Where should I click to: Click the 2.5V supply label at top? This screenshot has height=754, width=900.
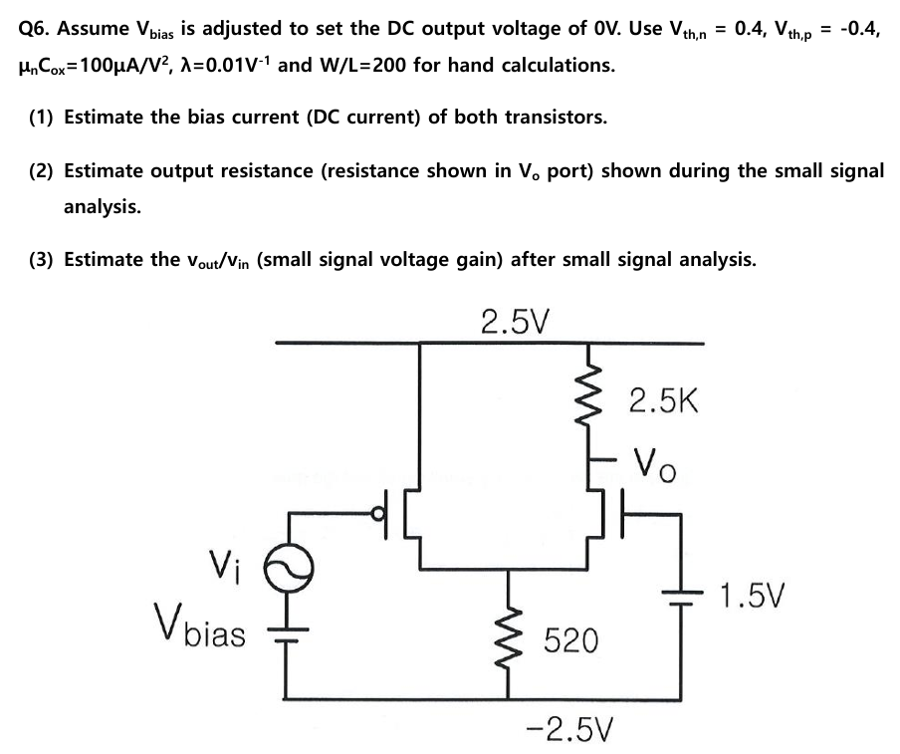point(515,322)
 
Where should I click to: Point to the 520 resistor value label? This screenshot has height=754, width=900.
point(570,641)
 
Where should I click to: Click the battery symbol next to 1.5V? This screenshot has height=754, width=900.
point(683,594)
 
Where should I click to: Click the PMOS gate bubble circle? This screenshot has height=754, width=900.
point(377,514)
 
